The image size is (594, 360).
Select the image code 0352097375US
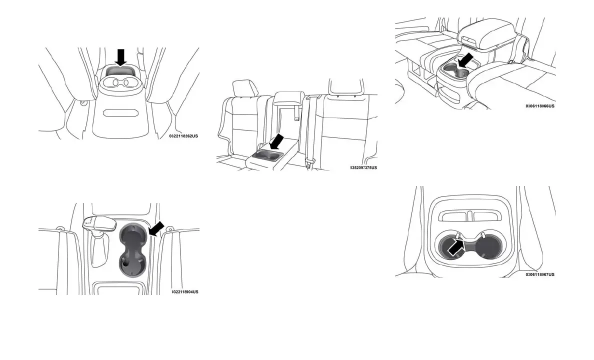pos(363,167)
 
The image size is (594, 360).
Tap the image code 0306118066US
pos(540,106)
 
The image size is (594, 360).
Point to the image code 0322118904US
pos(184,291)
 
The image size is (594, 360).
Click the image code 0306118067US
pos(540,274)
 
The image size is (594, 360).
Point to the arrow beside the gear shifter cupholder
pos(157,229)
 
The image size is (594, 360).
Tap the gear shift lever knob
pos(98,223)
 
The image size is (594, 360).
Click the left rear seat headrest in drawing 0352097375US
pos(245,89)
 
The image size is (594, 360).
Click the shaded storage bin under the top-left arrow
pos(119,71)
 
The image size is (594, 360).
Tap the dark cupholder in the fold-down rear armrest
pos(265,155)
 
